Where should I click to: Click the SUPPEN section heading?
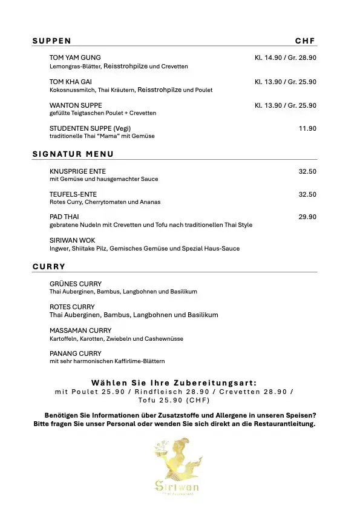[x=51, y=41]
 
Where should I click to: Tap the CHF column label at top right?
[x=306, y=41]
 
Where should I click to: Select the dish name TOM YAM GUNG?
[x=75, y=57]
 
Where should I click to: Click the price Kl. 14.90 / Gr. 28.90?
[x=286, y=57]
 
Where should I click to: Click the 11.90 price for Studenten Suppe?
[x=307, y=128]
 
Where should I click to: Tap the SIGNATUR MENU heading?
[x=73, y=154]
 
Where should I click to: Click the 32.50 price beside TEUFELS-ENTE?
[x=307, y=194]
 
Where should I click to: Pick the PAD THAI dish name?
[x=64, y=217]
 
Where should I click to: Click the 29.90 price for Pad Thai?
[x=307, y=217]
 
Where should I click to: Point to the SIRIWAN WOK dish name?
[x=72, y=240]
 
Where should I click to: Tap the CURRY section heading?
[x=49, y=266]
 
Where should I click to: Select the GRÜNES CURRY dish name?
[x=76, y=283]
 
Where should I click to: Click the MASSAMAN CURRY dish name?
[x=80, y=330]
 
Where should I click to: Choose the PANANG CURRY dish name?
[x=76, y=353]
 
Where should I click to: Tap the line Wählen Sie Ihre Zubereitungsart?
[x=174, y=383]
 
